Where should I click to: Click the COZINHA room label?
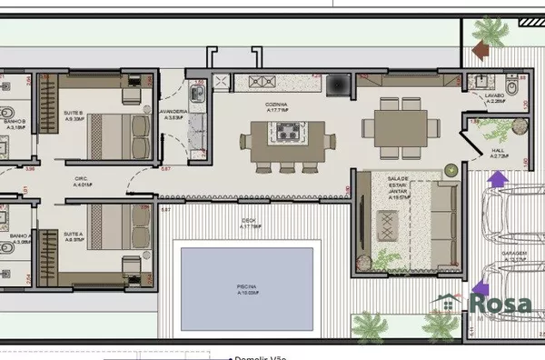tap(275, 105)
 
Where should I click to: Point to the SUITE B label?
tap(73, 114)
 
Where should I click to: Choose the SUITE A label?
tap(73, 235)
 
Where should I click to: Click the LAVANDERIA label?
tap(173, 113)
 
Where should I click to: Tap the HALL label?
tap(500, 151)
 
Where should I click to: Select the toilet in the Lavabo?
tap(515, 87)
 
